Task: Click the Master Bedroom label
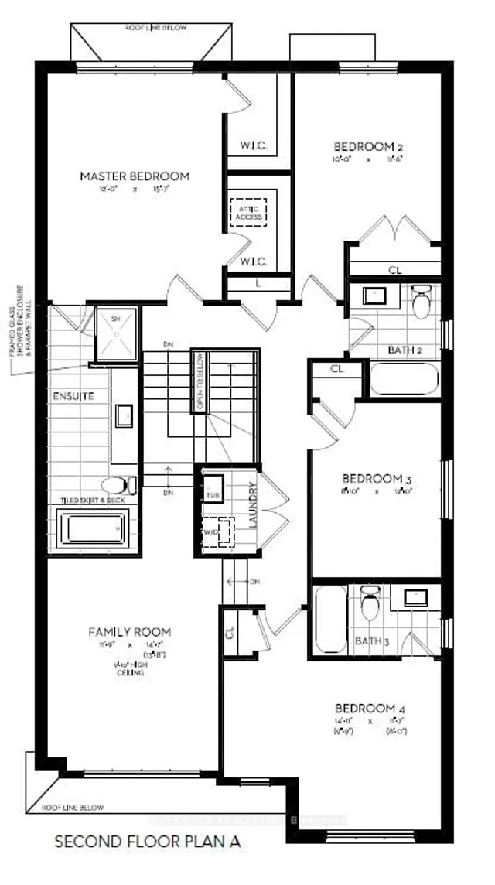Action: tap(135, 176)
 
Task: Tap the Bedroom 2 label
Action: tap(369, 146)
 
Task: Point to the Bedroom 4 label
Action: tap(370, 709)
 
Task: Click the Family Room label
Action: tap(128, 632)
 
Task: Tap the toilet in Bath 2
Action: tap(422, 302)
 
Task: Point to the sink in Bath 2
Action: tap(376, 296)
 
